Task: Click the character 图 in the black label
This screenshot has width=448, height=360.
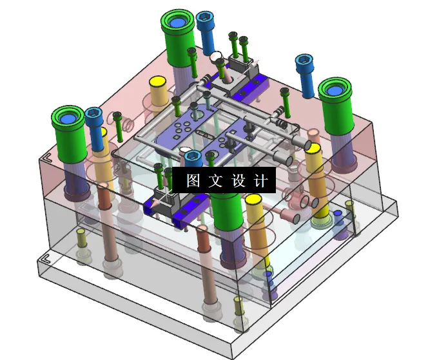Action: click(x=193, y=181)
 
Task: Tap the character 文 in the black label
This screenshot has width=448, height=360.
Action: click(x=216, y=181)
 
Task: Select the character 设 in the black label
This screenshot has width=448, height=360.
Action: click(x=239, y=181)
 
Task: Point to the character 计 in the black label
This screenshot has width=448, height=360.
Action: click(x=261, y=181)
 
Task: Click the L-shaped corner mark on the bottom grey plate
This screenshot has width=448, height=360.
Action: click(x=45, y=259)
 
